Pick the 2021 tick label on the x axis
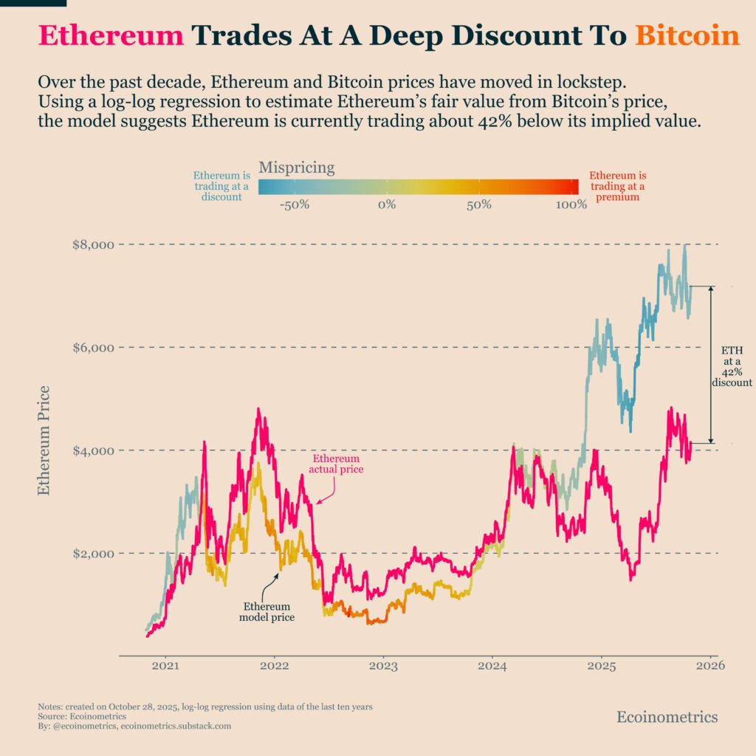(x=165, y=666)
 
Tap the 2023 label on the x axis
(x=383, y=666)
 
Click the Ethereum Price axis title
(x=44, y=440)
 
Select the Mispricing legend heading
(x=297, y=168)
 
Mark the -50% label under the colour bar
(x=294, y=205)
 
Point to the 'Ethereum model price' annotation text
(x=267, y=611)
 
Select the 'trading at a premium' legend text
(x=618, y=187)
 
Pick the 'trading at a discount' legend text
(x=221, y=186)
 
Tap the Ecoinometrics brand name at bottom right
(x=666, y=717)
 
